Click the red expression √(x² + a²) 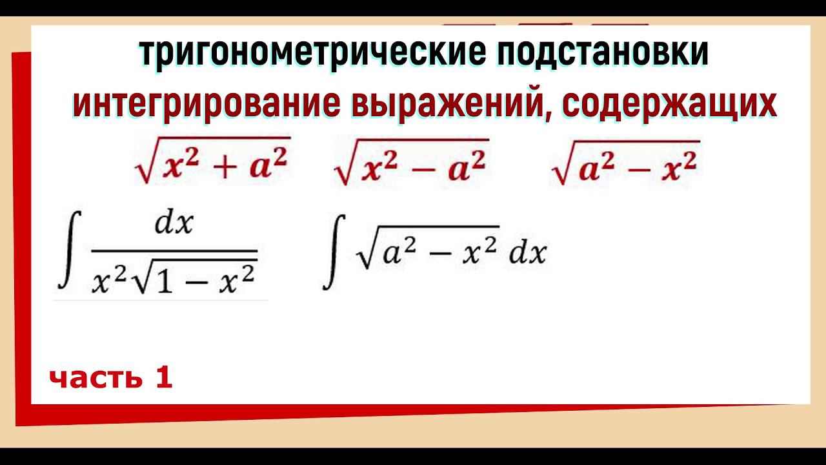point(212,161)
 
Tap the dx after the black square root point(528,254)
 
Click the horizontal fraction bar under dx point(174,251)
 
